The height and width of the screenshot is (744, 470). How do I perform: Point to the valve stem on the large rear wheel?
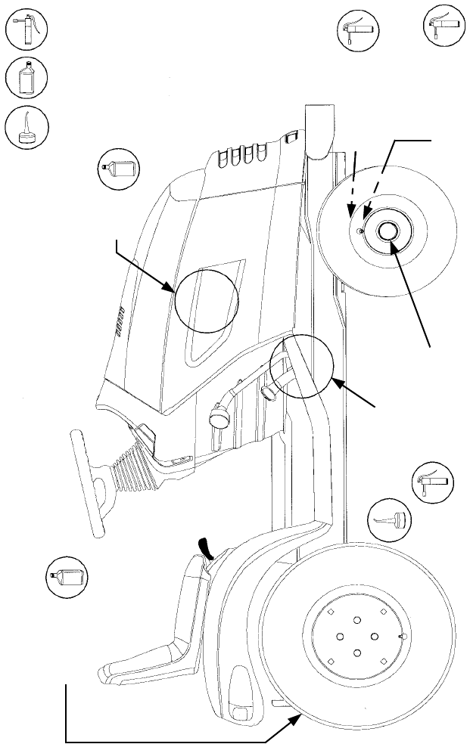pos(400,637)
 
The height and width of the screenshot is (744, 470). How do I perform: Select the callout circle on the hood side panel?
pos(207,300)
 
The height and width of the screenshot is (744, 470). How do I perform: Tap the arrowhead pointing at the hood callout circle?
pos(171,287)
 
